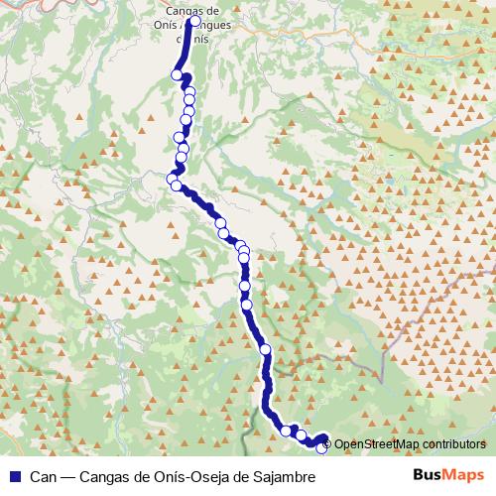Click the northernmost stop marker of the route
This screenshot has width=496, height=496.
(194, 21)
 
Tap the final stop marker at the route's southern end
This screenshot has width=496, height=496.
(321, 449)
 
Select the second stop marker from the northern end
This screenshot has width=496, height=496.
(179, 74)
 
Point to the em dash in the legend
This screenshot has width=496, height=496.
(68, 477)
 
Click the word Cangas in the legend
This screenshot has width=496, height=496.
(104, 477)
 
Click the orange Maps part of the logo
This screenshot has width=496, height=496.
(466, 475)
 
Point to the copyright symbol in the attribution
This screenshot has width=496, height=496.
(327, 444)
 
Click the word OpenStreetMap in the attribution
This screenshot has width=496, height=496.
(376, 444)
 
